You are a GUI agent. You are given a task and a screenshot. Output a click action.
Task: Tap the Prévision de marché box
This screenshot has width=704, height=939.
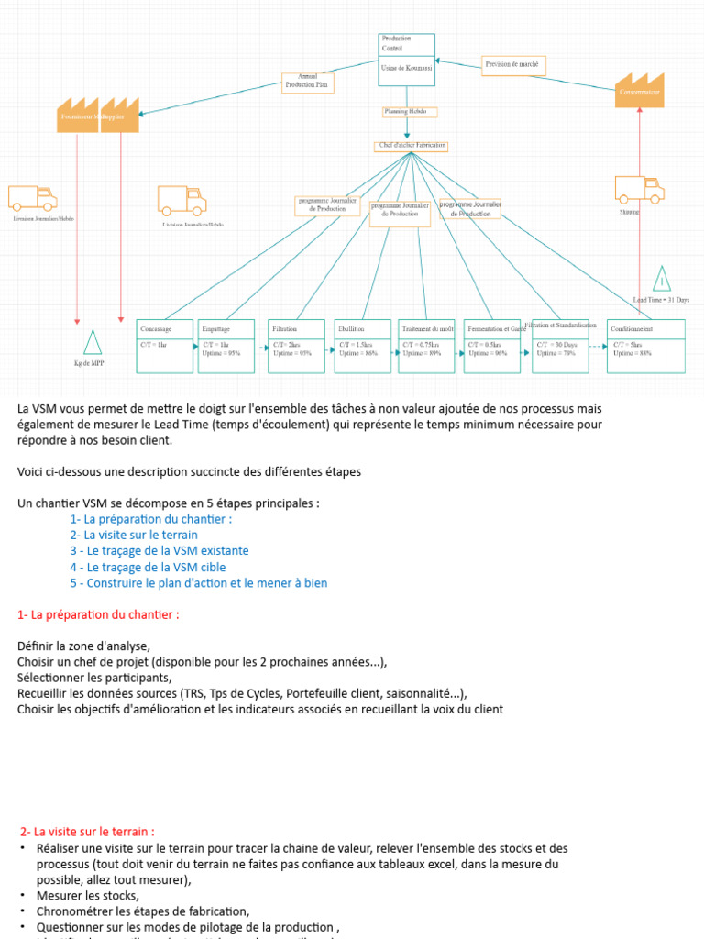pyautogui.click(x=513, y=64)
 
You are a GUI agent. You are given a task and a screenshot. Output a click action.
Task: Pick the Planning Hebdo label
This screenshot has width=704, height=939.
pyautogui.click(x=410, y=112)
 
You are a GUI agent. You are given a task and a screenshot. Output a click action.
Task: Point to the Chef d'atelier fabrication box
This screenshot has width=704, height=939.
pyautogui.click(x=412, y=146)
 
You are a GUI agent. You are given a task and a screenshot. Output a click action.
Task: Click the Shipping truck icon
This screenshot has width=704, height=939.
pyautogui.click(x=639, y=189)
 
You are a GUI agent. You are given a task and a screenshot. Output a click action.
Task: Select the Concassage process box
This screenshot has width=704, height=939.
pyautogui.click(x=165, y=346)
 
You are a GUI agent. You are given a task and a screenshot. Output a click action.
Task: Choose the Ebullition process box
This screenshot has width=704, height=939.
pyautogui.click(x=362, y=346)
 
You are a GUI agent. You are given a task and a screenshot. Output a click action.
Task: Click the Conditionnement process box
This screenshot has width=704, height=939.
pyautogui.click(x=646, y=346)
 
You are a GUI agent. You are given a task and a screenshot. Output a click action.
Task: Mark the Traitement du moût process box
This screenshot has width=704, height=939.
pyautogui.click(x=426, y=346)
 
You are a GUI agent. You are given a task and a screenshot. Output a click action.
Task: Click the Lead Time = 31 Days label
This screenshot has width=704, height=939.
pyautogui.click(x=661, y=300)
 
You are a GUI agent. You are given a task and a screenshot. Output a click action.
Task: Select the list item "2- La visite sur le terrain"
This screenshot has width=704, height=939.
pyautogui.click(x=134, y=535)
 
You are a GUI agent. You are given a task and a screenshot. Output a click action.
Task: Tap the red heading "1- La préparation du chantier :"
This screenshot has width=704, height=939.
pyautogui.click(x=99, y=614)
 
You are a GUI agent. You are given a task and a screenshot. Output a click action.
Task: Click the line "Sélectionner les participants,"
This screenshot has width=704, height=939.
pyautogui.click(x=94, y=678)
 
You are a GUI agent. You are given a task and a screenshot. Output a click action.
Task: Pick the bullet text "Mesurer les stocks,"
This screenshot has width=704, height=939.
pyautogui.click(x=88, y=895)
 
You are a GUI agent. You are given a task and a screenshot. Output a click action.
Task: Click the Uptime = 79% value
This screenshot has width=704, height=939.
pyautogui.click(x=556, y=352)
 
